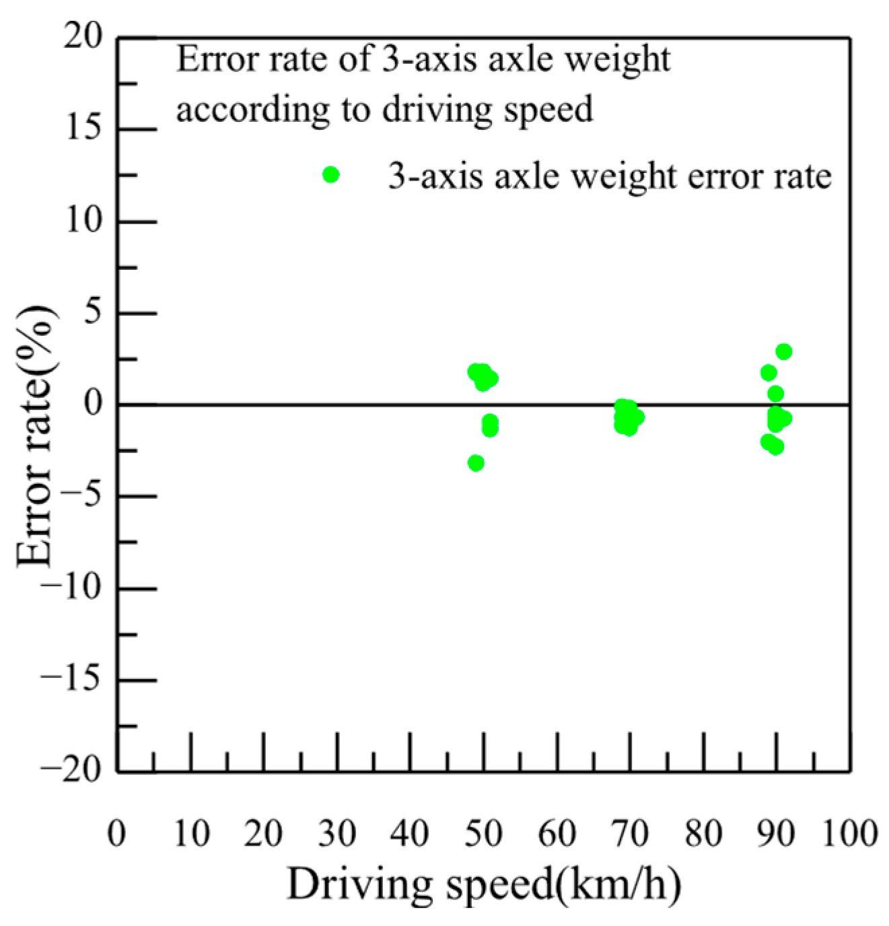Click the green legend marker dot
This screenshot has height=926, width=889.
pos(330,175)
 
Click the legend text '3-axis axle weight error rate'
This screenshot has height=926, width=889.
pos(610,176)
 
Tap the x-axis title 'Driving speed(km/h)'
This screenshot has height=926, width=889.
pos(484,884)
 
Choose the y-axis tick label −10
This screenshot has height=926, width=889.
pos(71,587)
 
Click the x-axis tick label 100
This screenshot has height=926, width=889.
pos(849,833)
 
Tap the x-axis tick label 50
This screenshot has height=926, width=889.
pos(483,833)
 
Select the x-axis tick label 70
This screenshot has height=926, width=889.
pos(630,833)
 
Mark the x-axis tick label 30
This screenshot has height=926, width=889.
pos(336,833)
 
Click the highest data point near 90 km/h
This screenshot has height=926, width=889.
pos(783,351)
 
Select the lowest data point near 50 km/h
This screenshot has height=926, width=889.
pos(476,463)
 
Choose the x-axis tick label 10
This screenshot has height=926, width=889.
pos(191,833)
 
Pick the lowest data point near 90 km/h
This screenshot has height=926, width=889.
pos(776,447)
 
